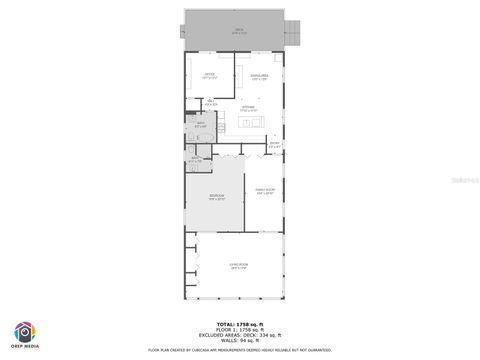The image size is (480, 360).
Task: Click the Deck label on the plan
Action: (x=239, y=31)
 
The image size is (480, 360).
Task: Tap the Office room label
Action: (x=210, y=76)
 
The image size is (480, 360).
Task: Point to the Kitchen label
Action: (x=248, y=109)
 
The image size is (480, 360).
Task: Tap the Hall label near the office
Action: (x=210, y=103)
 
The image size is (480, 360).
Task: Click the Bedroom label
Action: (x=217, y=197)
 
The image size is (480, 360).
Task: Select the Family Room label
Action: (x=264, y=192)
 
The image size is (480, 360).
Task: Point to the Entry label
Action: (x=274, y=145)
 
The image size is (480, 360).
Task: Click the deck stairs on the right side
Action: (x=293, y=31)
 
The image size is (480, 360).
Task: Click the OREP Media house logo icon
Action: (x=23, y=331)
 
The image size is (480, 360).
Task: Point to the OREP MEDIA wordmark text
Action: (x=23, y=347)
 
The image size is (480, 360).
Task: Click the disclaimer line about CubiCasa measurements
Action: (x=239, y=350)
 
